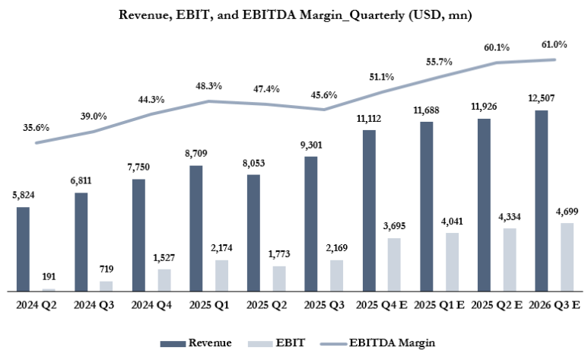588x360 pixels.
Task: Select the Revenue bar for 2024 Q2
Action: point(23,249)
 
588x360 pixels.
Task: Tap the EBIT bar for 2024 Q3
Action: point(106,286)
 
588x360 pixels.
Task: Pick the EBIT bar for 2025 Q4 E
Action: point(394,264)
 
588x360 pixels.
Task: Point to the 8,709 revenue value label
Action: point(196,154)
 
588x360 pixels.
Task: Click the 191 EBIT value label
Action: point(48,277)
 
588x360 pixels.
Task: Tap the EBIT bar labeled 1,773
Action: point(279,279)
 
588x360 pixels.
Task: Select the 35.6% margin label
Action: point(36,127)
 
